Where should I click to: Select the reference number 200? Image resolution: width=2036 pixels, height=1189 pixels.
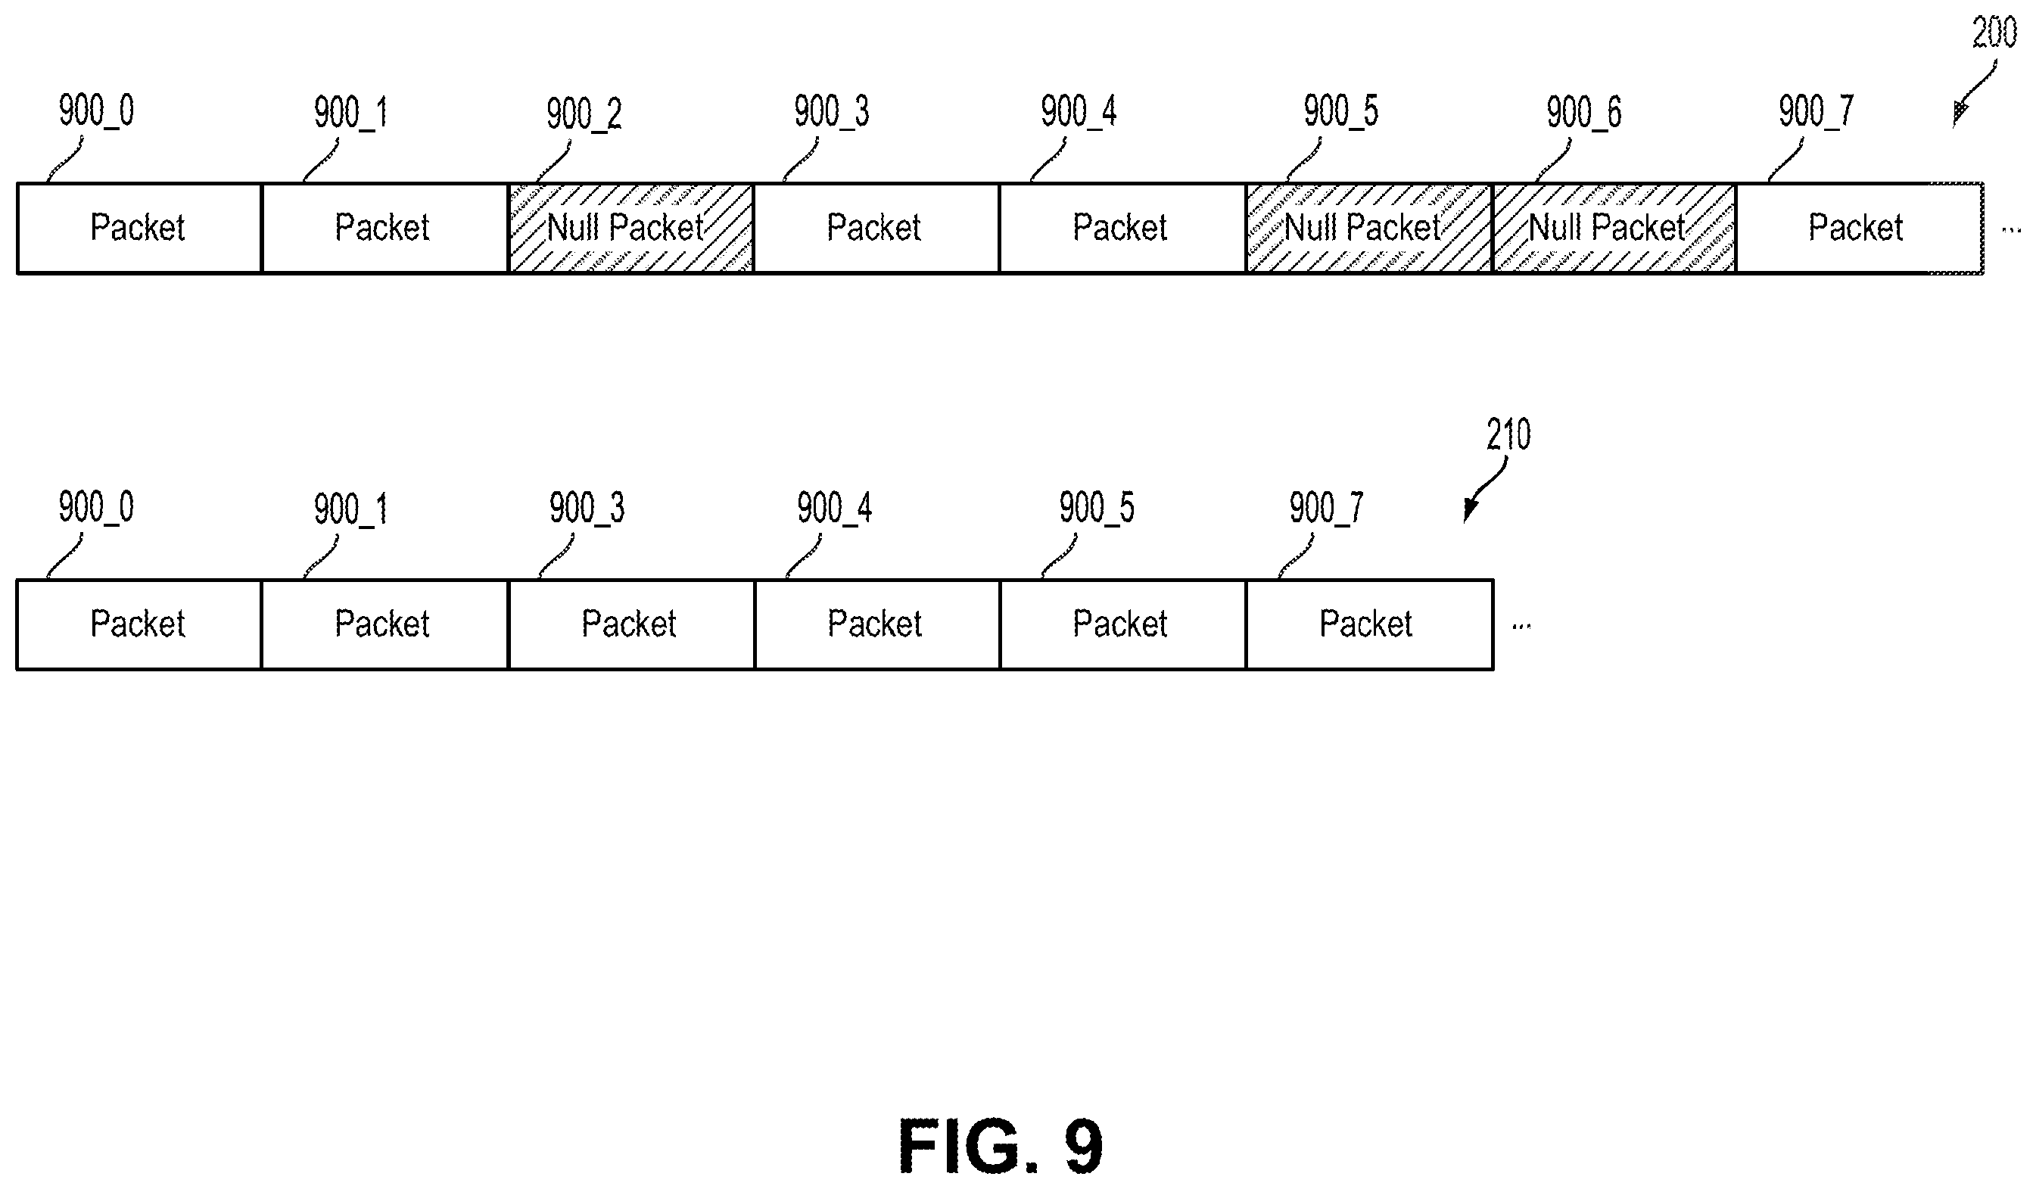(x=1994, y=33)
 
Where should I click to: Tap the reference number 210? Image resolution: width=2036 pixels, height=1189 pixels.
(x=1508, y=434)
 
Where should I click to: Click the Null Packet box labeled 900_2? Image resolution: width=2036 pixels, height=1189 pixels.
(x=630, y=229)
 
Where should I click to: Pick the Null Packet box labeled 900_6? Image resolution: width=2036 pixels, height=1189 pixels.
(x=1614, y=229)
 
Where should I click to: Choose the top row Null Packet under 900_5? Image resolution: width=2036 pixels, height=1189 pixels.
(x=1368, y=229)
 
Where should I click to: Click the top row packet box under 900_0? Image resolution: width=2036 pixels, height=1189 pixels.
(x=139, y=229)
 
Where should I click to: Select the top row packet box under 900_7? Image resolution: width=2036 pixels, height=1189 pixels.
(x=1859, y=229)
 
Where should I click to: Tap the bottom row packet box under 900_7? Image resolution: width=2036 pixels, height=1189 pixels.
(x=1369, y=624)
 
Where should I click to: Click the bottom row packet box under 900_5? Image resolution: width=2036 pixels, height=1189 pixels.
(x=1123, y=624)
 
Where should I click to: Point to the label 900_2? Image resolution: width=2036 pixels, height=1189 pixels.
(x=584, y=113)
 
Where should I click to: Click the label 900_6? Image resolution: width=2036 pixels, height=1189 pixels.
(x=1583, y=111)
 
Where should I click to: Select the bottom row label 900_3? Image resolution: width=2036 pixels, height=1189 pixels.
(x=587, y=508)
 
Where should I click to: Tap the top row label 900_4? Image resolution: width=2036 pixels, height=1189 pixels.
(x=1078, y=110)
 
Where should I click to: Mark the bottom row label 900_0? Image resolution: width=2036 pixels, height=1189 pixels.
(x=96, y=507)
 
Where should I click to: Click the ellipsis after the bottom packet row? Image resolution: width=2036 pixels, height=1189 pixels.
(x=1521, y=626)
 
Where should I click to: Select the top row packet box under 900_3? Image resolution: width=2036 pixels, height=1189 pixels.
(x=876, y=229)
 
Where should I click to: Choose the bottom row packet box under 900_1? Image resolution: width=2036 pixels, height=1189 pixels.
(x=384, y=624)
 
